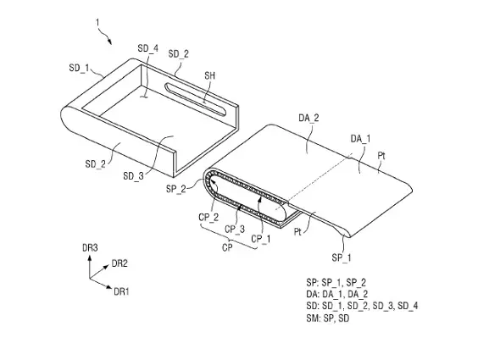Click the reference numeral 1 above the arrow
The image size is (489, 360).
97,23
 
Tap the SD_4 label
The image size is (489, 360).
147,48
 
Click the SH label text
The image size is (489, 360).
210,75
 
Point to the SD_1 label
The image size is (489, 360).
79,68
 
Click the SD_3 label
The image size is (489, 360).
133,176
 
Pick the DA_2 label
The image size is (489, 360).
308,118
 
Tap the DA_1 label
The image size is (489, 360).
360,139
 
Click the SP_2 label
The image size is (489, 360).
176,189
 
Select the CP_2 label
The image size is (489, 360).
208,217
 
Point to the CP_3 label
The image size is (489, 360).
235,230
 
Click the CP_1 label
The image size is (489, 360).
261,239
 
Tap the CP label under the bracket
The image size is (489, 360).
227,247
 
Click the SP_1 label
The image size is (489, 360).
342,258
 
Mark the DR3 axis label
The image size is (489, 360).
90,248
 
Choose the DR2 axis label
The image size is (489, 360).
119,263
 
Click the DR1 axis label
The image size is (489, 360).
121,291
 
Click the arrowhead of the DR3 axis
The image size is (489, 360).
90,258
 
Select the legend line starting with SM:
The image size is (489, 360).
328,318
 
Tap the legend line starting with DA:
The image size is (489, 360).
337,294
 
